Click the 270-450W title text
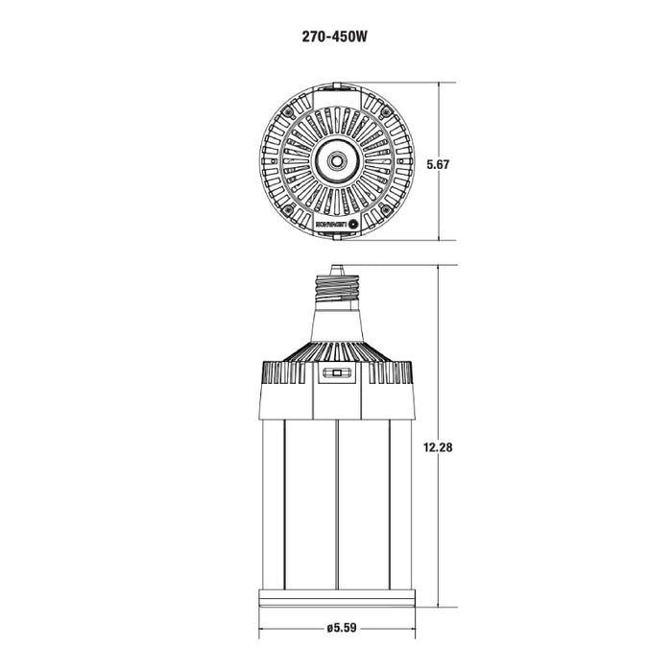(x=335, y=40)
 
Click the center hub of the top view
(x=337, y=161)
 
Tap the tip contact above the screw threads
(x=337, y=270)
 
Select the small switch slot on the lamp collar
(x=337, y=373)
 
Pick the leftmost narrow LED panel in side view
(x=273, y=504)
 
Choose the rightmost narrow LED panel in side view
(x=400, y=504)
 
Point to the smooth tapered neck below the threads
(x=337, y=322)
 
